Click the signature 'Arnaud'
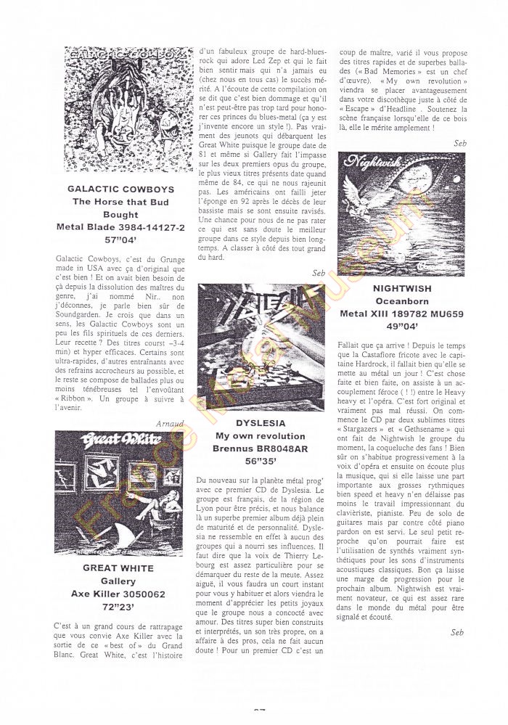click(x=171, y=422)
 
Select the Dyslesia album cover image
click(x=261, y=348)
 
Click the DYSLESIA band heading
click(x=261, y=422)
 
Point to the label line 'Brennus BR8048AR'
click(x=261, y=448)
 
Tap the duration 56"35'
click(x=261, y=462)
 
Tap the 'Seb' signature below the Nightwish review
click(x=456, y=633)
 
